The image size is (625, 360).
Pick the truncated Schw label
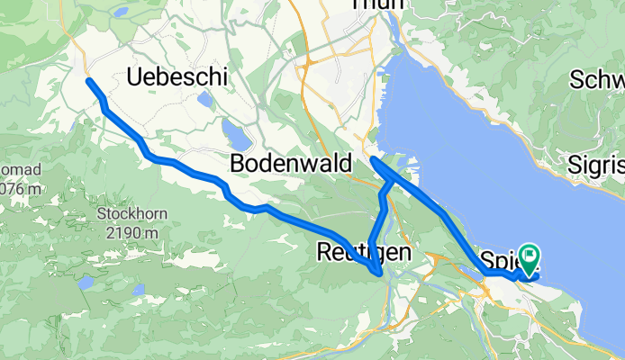tap(597, 79)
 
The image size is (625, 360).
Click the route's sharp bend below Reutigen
tap(379, 272)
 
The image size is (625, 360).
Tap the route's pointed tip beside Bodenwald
tap(374, 160)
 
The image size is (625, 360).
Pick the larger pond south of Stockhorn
tap(86, 283)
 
